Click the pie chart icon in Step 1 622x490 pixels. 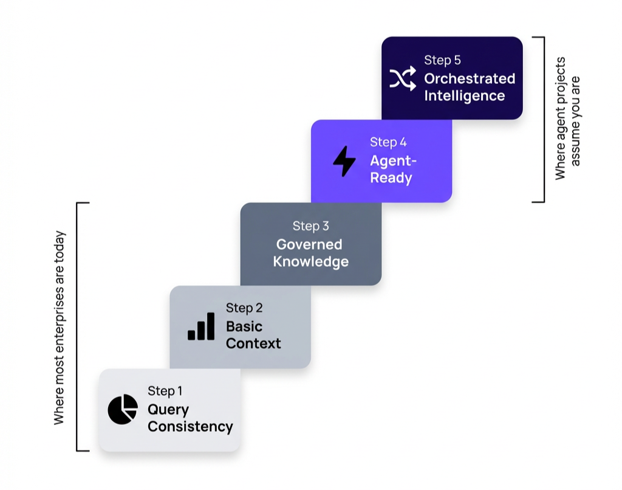click(x=123, y=409)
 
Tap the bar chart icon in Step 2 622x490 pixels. click(x=201, y=326)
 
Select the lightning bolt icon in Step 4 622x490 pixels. click(x=344, y=161)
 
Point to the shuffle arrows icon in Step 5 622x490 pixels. click(x=403, y=78)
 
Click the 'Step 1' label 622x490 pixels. click(x=165, y=391)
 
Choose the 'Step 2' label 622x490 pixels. click(x=244, y=308)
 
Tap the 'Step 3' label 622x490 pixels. click(x=310, y=226)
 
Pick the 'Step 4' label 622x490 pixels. click(x=388, y=142)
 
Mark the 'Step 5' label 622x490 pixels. click(x=442, y=60)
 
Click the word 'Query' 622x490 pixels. click(x=168, y=410)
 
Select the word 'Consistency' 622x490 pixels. click(x=190, y=427)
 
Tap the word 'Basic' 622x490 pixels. click(x=244, y=326)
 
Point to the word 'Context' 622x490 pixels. click(x=253, y=343)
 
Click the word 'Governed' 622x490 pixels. click(x=309, y=244)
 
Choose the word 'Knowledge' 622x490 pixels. click(x=311, y=262)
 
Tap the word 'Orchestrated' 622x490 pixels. click(x=470, y=78)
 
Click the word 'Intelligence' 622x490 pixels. click(x=464, y=96)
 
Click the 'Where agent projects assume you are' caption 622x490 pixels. click(x=567, y=119)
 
